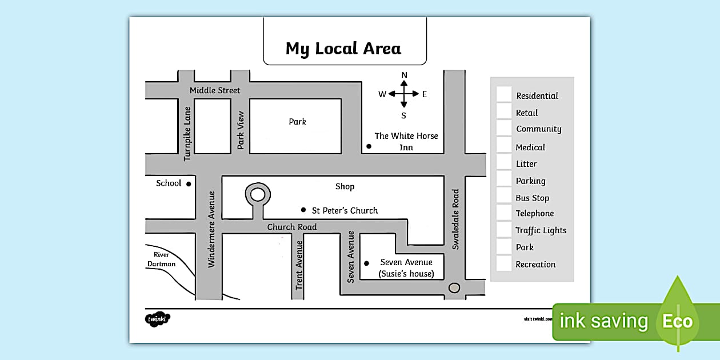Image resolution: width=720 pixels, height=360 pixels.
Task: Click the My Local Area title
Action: click(343, 49)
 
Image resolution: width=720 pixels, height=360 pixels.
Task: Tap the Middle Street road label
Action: click(215, 90)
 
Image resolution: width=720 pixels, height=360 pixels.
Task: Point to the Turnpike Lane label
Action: click(187, 134)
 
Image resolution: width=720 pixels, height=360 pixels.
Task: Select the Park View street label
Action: click(241, 130)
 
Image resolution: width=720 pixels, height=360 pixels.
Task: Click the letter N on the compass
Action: click(404, 75)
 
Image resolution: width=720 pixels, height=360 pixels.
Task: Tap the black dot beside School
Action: click(188, 184)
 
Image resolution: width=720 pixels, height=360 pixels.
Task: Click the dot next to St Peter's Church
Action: click(303, 210)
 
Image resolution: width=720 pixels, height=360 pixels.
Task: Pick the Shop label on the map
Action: click(345, 186)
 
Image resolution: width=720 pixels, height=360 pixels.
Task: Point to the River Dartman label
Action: click(162, 259)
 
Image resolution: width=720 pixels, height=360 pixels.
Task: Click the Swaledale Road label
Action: click(455, 219)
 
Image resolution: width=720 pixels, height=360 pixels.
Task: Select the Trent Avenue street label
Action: click(299, 265)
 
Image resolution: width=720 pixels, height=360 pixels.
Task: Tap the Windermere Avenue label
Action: click(211, 229)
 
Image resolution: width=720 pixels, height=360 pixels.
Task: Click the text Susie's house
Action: click(406, 274)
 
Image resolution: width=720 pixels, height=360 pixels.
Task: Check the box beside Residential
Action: click(503, 94)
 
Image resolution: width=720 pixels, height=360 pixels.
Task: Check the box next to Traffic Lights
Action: click(503, 230)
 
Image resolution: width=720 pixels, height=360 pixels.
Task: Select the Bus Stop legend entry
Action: click(532, 198)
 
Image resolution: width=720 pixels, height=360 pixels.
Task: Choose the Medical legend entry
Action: click(530, 147)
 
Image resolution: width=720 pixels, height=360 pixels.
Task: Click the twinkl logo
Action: click(157, 319)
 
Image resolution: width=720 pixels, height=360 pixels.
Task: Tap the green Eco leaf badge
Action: click(677, 320)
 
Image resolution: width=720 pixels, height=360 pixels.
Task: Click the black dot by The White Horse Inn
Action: click(369, 146)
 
